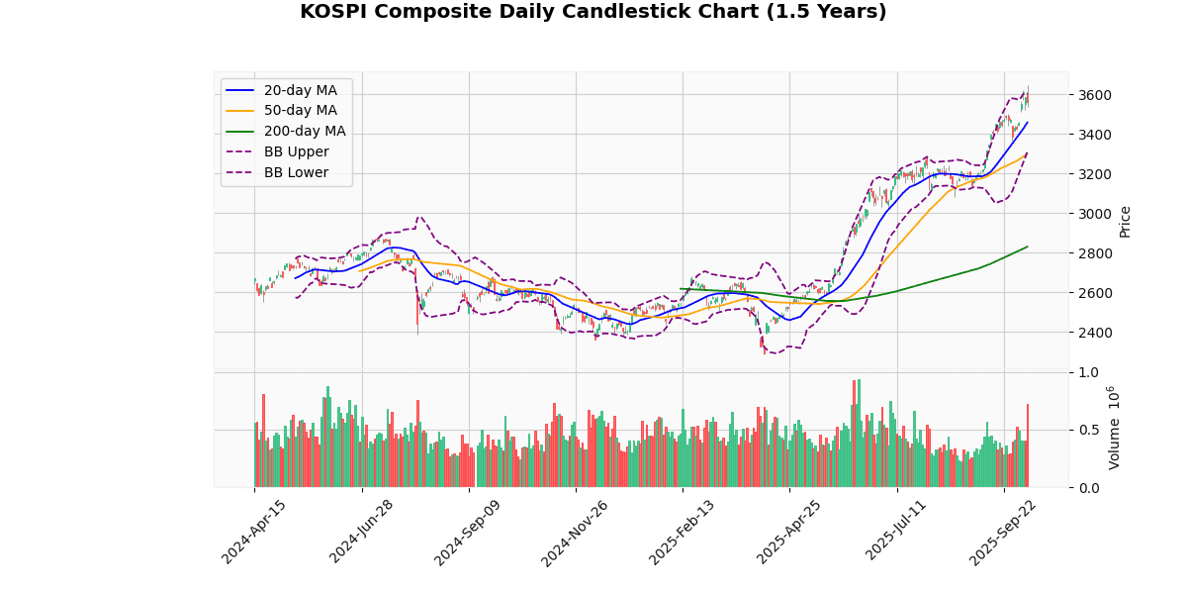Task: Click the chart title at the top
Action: coord(593,12)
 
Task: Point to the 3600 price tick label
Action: coord(1095,95)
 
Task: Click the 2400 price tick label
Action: coord(1095,333)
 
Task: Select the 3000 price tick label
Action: coord(1095,214)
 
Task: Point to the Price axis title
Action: coord(1125,222)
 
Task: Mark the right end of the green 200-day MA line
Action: coord(1028,247)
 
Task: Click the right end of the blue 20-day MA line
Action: coord(1028,123)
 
